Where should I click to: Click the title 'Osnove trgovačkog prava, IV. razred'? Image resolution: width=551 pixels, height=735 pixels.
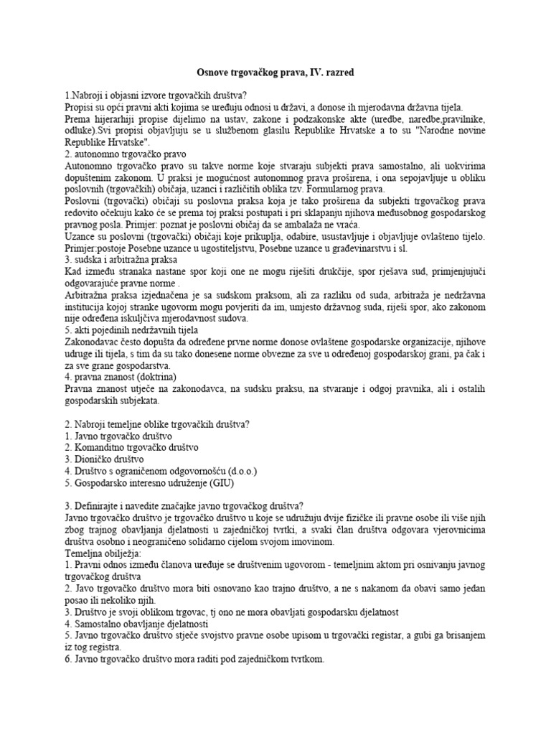(275, 72)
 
